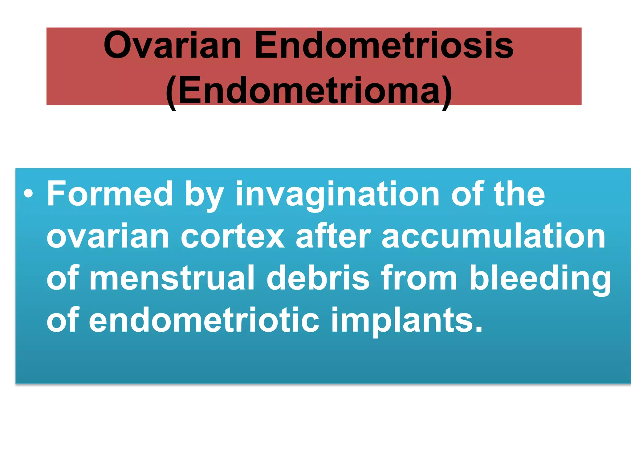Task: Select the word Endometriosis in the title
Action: (x=384, y=46)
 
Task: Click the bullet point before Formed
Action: (x=28, y=194)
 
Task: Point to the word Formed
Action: (x=110, y=194)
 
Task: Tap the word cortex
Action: (x=233, y=236)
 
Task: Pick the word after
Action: (x=333, y=236)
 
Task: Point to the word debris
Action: (x=318, y=278)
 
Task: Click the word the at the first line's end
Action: (x=519, y=194)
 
